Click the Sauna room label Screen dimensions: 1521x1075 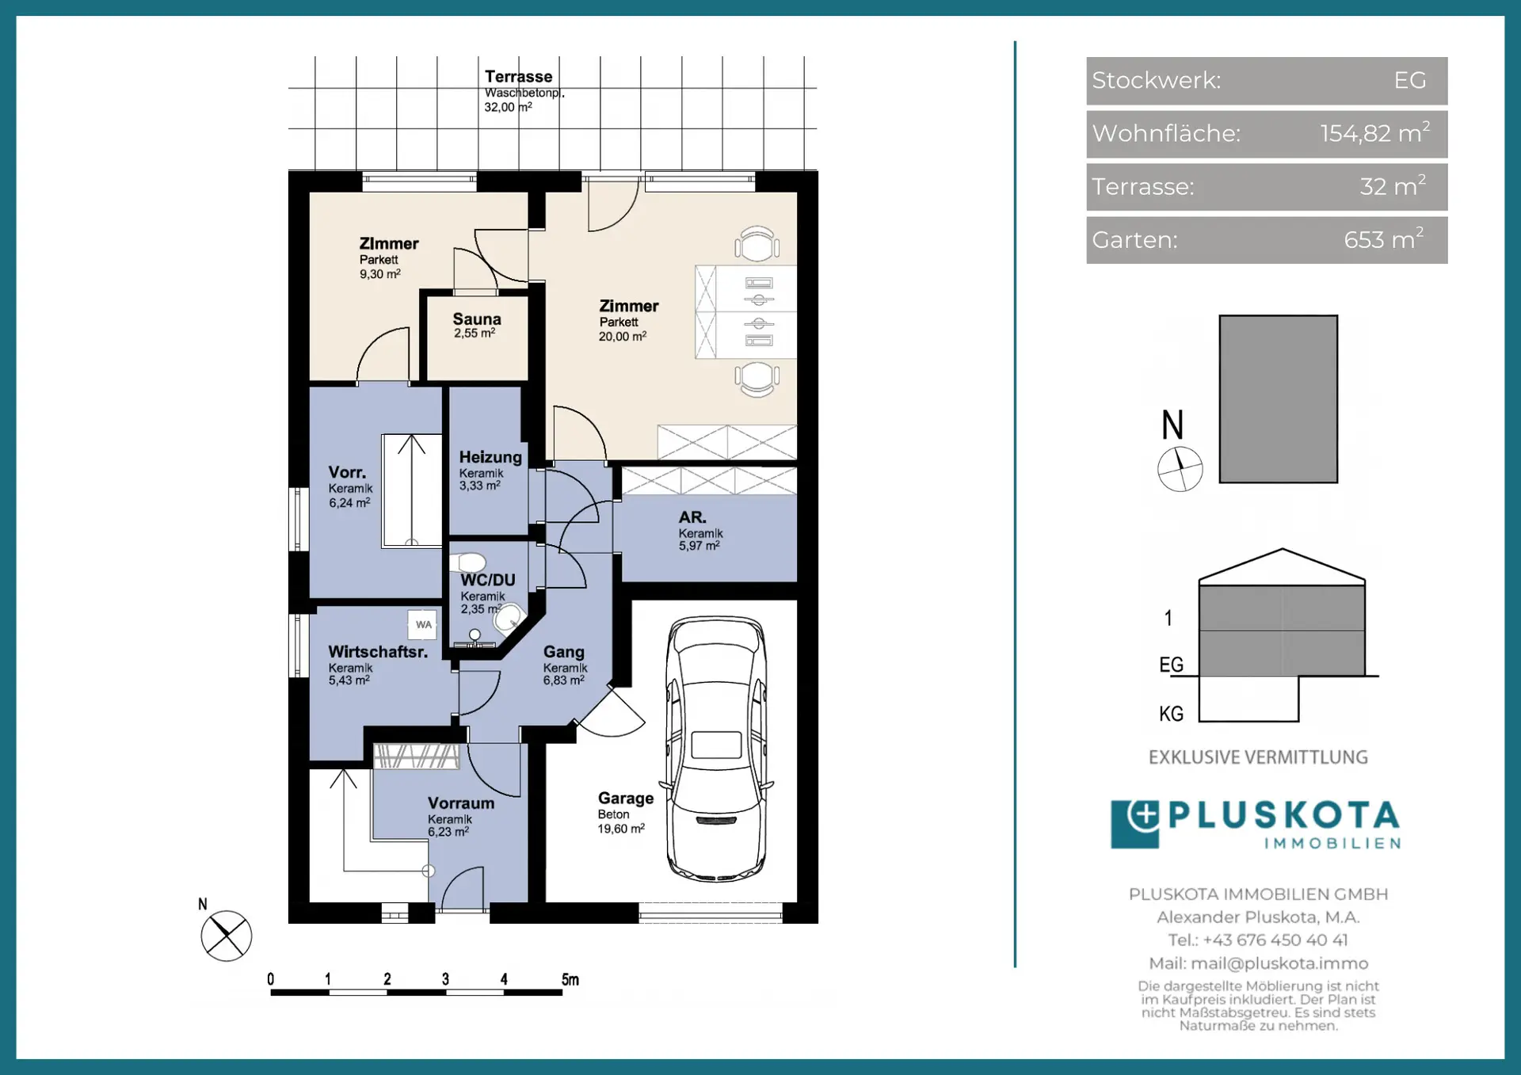coord(477,319)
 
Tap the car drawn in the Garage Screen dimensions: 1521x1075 coord(716,749)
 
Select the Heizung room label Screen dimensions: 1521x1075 coord(490,457)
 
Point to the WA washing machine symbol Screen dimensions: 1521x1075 coord(424,624)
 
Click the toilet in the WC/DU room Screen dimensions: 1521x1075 coord(468,562)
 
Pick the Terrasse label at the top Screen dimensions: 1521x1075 coord(519,77)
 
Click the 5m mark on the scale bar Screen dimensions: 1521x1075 coord(570,980)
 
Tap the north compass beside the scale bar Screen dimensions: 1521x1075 coord(226,936)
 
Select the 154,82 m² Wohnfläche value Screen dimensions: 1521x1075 coord(1374,132)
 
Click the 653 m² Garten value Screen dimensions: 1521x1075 coord(1383,238)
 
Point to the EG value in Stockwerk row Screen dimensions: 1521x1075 coord(1410,80)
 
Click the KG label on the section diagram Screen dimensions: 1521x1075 coord(1171,714)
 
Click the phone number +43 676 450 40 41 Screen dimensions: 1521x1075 coord(1275,940)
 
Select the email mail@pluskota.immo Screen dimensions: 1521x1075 coord(1279,963)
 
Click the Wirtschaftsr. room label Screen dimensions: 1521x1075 coord(378,652)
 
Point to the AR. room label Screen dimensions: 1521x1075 coord(692,517)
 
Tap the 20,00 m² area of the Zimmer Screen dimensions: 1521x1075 coord(623,337)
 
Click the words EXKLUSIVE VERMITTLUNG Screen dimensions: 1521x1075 coord(1258,757)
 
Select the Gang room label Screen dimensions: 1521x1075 coord(564,652)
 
